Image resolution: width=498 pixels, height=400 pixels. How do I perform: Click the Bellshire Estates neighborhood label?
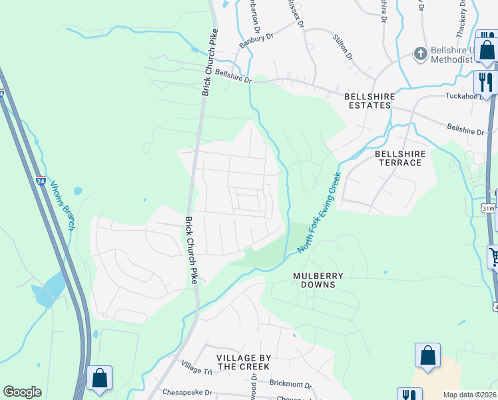[x=370, y=101]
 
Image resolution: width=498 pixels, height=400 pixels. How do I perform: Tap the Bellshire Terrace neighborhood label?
[x=399, y=158]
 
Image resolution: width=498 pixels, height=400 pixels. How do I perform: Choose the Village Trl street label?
[x=196, y=367]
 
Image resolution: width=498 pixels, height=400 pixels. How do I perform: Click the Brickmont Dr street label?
[x=290, y=384]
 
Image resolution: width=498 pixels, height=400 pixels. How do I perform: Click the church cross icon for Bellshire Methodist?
[x=420, y=53]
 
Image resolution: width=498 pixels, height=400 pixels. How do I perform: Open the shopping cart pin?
[x=493, y=256]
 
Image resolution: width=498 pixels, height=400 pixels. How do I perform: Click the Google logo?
[x=22, y=392]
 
